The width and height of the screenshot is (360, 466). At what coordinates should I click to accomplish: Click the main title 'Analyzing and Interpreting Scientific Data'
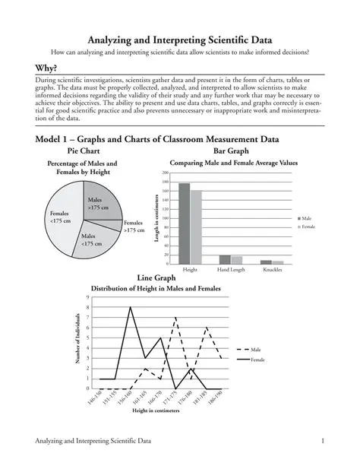(x=180, y=39)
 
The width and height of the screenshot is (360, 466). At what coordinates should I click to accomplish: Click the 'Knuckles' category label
(x=272, y=270)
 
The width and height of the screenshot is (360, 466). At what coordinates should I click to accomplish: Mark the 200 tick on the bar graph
(x=164, y=173)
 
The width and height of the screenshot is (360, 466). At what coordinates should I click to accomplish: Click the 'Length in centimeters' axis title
(x=156, y=219)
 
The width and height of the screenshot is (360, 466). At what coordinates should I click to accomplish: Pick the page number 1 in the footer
(x=324, y=442)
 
